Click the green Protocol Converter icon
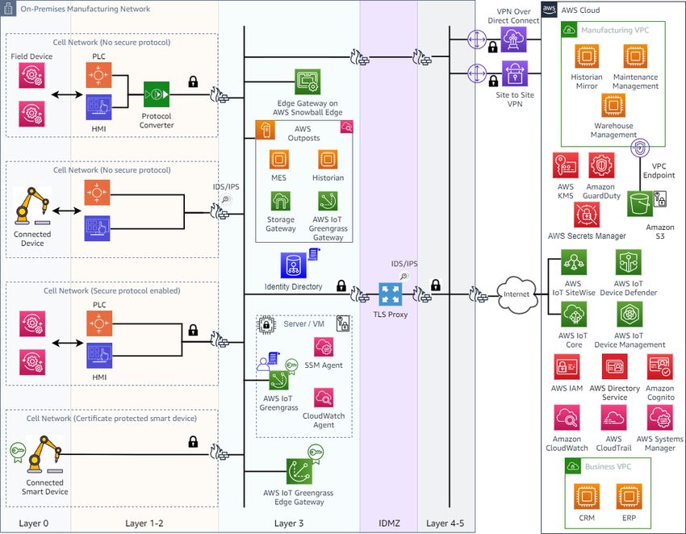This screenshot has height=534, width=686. click(x=157, y=94)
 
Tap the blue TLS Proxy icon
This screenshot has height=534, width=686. click(x=391, y=294)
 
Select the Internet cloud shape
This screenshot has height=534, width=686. click(x=517, y=294)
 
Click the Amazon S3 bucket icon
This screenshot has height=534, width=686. click(x=640, y=203)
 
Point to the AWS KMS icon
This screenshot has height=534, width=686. click(x=565, y=165)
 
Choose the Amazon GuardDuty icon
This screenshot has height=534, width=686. click(x=601, y=165)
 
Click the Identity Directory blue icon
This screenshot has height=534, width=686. click(x=293, y=265)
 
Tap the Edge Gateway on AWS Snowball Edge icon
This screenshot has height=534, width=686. click(x=307, y=81)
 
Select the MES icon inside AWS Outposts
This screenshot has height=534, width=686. click(x=278, y=160)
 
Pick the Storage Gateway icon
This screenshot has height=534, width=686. click(x=280, y=201)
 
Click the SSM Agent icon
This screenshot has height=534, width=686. click(x=324, y=347)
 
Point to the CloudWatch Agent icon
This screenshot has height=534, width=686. click(x=324, y=398)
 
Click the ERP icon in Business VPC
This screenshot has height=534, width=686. click(x=630, y=496)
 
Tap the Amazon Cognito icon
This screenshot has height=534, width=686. click(x=659, y=366)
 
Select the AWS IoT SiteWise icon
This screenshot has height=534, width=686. click(x=574, y=262)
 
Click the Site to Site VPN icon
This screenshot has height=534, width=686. click(x=515, y=74)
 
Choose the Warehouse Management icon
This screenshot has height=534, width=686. click(x=613, y=106)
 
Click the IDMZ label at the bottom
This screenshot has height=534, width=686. click(x=389, y=524)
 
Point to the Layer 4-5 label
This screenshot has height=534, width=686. click(x=445, y=524)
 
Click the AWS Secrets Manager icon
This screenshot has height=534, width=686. click(x=587, y=215)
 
